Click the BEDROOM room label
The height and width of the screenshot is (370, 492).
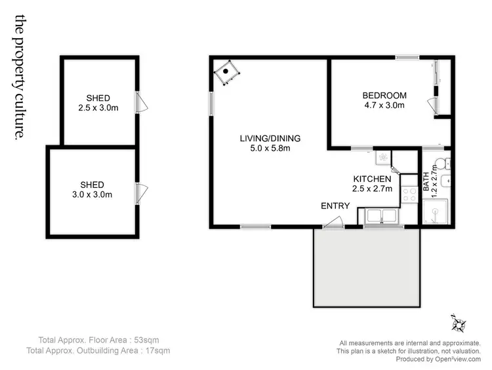pyautogui.click(x=384, y=95)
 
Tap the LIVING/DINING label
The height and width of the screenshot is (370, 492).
pyautogui.click(x=270, y=138)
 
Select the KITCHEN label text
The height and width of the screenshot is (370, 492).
pyautogui.click(x=372, y=179)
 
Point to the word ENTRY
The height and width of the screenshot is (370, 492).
pyautogui.click(x=335, y=206)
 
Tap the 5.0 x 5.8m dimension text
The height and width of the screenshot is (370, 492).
pyautogui.click(x=270, y=148)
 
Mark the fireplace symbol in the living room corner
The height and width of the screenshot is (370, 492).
pyautogui.click(x=227, y=73)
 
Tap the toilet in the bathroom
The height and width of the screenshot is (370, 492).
pyautogui.click(x=442, y=163)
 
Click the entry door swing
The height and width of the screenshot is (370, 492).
pyautogui.click(x=331, y=224)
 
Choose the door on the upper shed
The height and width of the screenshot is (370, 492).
pyautogui.click(x=142, y=103)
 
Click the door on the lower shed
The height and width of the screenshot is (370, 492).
pyautogui.click(x=142, y=194)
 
